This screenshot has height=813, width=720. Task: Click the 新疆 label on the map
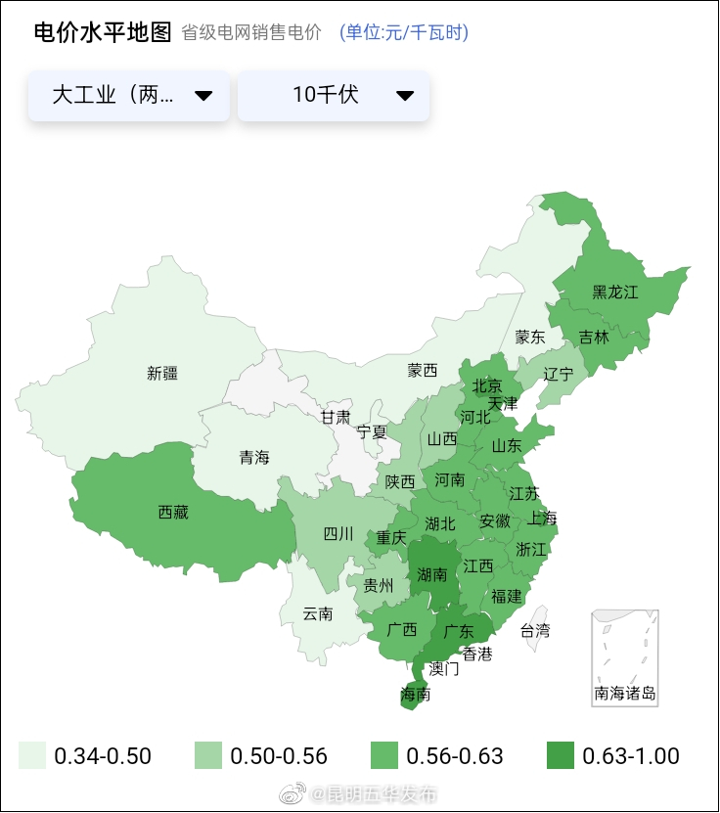[x=162, y=373]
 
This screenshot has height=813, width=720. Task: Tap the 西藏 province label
[x=173, y=512]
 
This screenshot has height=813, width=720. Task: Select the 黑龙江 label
[x=614, y=293]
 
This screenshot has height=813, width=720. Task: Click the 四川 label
[x=338, y=534]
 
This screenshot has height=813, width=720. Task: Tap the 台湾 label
[x=534, y=631]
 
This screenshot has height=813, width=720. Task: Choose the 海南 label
[x=416, y=695]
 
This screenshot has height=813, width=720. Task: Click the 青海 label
[x=254, y=457]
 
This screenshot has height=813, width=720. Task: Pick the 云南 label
[x=318, y=614]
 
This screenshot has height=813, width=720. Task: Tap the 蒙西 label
[x=423, y=371]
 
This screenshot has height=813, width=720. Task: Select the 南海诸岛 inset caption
[x=625, y=694]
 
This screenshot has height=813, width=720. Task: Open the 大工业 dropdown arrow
[x=203, y=95]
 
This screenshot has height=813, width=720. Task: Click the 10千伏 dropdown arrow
[x=405, y=95]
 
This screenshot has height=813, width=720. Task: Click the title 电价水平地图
[x=103, y=32]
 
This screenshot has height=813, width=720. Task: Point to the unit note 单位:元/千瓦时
[x=404, y=33]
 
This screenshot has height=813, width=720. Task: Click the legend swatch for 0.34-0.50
[x=32, y=755]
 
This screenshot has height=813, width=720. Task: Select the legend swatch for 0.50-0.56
[x=207, y=755]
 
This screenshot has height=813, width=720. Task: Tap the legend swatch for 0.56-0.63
[x=384, y=755]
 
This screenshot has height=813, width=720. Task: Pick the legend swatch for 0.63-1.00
[x=560, y=755]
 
